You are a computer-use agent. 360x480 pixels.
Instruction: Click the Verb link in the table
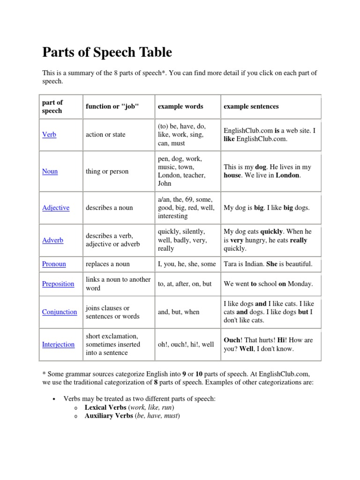coord(49,135)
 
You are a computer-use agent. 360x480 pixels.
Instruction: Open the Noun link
coord(50,171)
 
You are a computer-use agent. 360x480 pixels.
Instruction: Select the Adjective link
coord(56,208)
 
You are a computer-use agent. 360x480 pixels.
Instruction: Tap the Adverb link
coord(52,240)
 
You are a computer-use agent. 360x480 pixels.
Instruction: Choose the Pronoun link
coord(54,264)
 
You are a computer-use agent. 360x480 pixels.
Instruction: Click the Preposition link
coord(58,284)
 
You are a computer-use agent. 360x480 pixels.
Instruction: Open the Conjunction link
coord(60,312)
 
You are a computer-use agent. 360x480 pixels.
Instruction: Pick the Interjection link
coord(58,344)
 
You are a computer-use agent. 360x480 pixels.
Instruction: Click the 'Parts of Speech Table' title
coord(107,52)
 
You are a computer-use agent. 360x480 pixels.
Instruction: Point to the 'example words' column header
coord(180,106)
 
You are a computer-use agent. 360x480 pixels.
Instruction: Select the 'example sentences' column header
coord(251,106)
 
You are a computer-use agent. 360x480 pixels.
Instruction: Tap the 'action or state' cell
coord(105,135)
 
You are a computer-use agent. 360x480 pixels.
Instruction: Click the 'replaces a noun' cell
coord(107,264)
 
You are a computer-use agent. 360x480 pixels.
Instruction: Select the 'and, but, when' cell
coord(179,312)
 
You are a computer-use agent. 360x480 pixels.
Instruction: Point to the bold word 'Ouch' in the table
coord(232,340)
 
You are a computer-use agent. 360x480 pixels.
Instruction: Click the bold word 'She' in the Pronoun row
coord(272,264)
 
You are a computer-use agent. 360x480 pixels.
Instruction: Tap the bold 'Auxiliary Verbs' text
coord(109,416)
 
